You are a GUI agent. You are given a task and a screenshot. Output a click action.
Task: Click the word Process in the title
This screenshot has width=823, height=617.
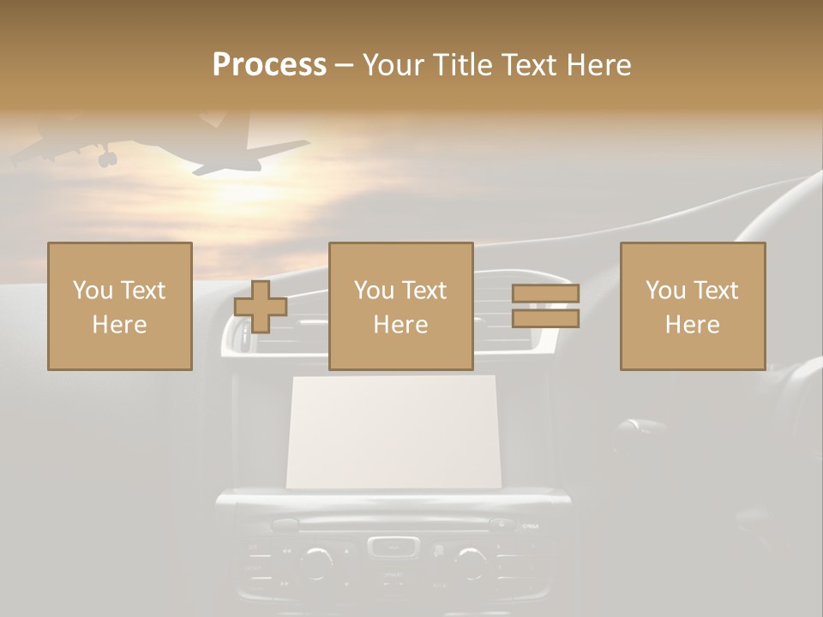point(269,65)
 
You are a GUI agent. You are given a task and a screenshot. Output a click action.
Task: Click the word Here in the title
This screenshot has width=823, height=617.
point(598,65)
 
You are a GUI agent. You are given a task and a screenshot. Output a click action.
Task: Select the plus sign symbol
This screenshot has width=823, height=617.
point(261,306)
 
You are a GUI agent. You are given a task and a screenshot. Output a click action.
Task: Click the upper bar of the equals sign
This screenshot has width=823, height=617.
point(545,293)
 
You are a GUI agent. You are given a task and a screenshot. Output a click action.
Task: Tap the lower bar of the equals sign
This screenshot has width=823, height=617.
point(545,319)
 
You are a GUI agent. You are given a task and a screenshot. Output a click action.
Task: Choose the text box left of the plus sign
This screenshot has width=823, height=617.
point(120,306)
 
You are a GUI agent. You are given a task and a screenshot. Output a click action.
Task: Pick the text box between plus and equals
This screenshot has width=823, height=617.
point(400,306)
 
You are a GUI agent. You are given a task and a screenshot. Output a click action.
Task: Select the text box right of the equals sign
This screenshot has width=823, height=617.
point(693,306)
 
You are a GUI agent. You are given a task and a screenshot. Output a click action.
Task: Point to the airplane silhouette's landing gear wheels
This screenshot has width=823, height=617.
point(105,158)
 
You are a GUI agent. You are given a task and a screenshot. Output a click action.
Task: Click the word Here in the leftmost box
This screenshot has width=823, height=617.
point(120,324)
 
